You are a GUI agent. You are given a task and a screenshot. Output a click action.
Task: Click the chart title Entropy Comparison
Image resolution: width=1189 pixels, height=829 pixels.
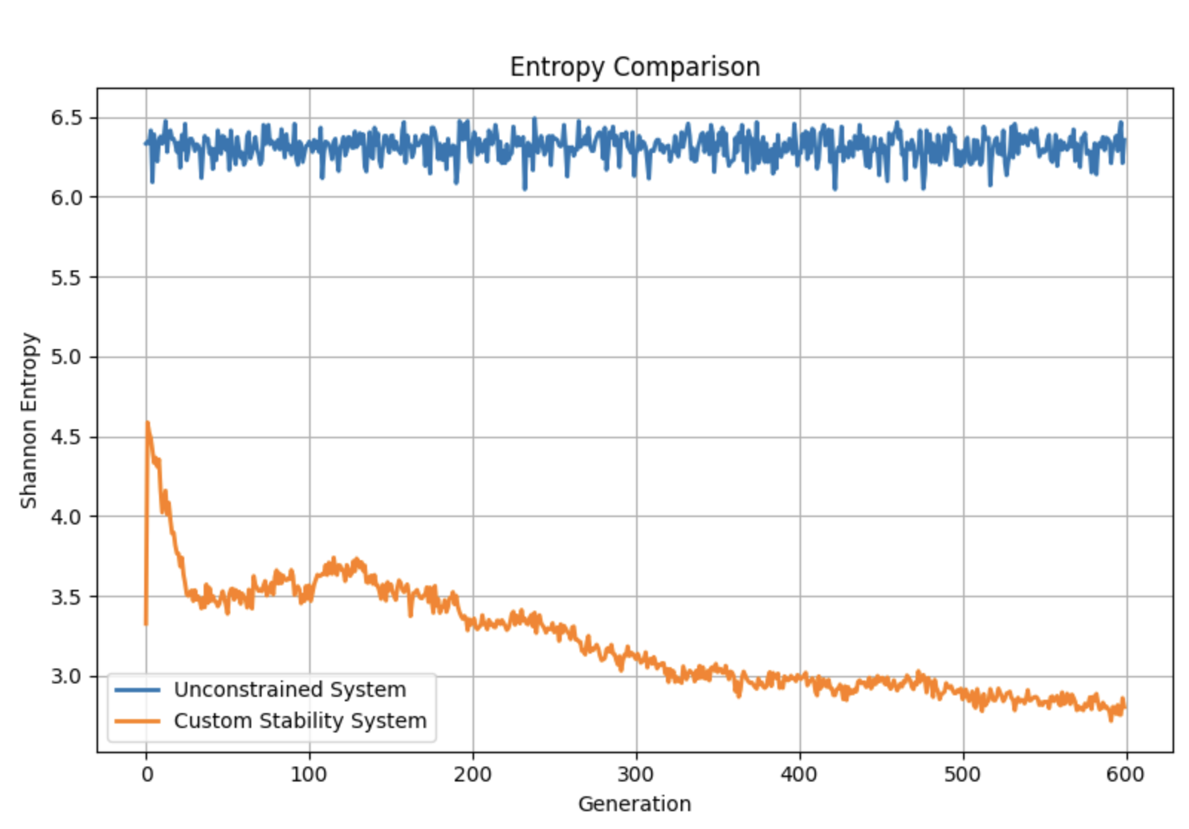(635, 67)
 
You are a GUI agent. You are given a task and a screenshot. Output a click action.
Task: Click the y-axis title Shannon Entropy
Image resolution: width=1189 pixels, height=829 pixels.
(28, 420)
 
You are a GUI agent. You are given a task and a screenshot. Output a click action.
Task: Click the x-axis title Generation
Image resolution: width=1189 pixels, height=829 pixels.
(635, 804)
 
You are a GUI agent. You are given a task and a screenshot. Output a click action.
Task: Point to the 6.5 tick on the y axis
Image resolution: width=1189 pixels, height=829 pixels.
(66, 118)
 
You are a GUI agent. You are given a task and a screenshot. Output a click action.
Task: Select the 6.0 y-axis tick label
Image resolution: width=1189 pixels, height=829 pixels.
(66, 198)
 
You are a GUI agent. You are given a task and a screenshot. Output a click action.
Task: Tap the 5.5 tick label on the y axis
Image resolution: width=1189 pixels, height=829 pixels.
(66, 278)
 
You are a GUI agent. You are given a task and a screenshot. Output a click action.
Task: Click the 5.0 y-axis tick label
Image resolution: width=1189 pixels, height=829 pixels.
(66, 357)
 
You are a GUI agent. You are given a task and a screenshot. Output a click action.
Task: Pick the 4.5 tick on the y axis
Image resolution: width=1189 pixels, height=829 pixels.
(66, 437)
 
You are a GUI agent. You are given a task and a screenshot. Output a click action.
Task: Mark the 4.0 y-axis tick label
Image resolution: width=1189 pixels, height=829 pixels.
(66, 517)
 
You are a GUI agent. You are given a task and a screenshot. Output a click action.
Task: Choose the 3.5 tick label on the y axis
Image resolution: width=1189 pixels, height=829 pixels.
(66, 596)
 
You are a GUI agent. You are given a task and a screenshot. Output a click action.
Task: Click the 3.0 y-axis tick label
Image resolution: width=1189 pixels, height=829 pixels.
(66, 677)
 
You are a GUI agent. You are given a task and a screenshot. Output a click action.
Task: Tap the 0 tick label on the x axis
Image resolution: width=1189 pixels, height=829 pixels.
(146, 774)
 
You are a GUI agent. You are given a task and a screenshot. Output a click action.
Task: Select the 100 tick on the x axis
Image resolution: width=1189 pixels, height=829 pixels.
(309, 774)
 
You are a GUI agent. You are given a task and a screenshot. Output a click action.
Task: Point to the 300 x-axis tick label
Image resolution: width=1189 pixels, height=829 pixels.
(636, 774)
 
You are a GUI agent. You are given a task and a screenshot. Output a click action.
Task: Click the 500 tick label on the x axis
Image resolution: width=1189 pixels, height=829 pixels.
(963, 774)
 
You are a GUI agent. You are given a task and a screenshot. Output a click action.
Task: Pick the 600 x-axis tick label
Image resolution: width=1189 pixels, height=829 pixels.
(1127, 774)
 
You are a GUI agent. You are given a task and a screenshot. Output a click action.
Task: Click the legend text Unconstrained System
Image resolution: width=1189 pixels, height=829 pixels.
(290, 689)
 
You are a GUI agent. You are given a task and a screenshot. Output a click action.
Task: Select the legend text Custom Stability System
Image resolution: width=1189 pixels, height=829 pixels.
(300, 721)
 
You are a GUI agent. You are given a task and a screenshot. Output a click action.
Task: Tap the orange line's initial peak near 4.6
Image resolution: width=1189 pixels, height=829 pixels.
(147, 423)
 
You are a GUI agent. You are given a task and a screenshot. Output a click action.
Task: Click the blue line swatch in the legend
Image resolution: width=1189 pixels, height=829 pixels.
(137, 690)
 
